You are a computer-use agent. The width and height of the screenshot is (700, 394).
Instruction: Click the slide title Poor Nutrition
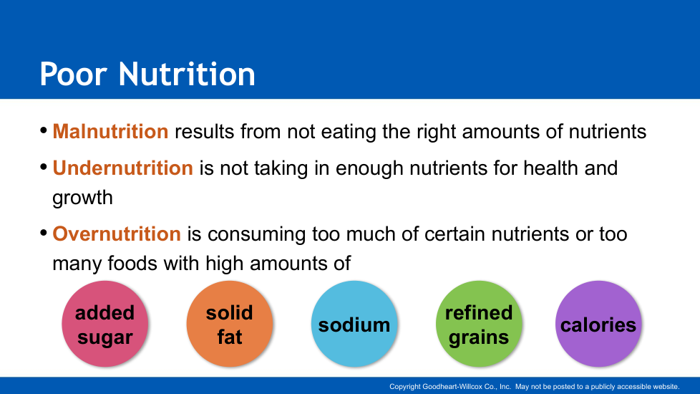point(147,74)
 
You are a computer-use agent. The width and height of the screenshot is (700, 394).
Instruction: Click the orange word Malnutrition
point(110,131)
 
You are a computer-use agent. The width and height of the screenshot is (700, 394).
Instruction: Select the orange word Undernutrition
point(123,168)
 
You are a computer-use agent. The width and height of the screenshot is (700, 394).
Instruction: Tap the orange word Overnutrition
point(117,234)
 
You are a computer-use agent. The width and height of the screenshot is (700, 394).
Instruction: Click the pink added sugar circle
point(105,324)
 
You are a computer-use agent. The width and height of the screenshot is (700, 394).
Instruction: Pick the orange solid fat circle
point(230,324)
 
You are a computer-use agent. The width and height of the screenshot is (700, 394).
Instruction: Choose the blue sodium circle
point(354,324)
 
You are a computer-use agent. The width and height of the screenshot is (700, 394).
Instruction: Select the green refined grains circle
point(479,324)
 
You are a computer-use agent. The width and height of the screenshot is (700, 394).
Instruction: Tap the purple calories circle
point(598,324)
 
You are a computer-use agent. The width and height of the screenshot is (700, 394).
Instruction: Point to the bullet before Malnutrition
point(44,130)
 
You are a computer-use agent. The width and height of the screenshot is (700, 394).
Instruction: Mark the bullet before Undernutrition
point(44,167)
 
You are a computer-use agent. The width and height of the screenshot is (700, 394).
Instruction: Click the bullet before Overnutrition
point(44,233)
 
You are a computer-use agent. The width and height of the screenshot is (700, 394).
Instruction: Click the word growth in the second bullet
point(82,198)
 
